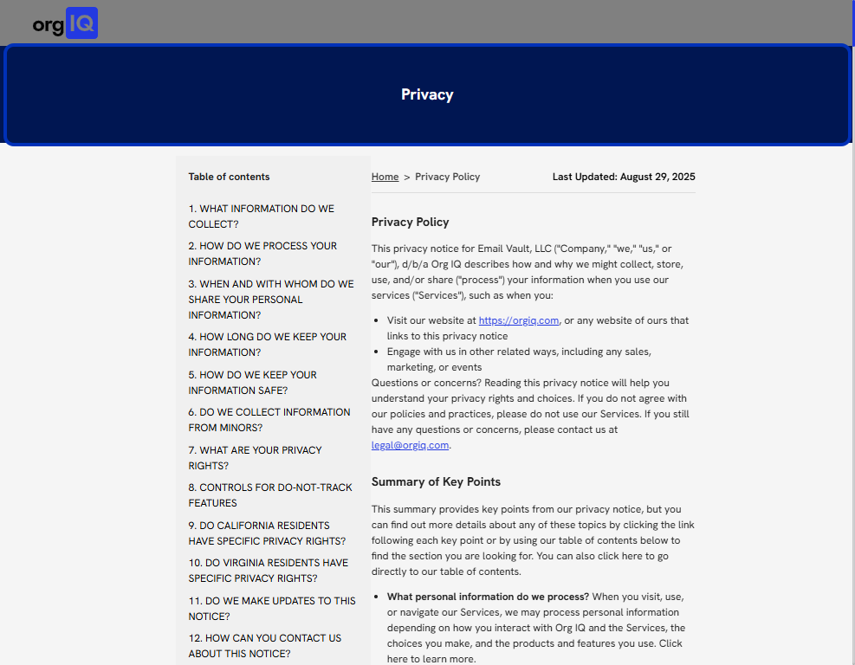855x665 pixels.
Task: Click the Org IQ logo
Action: [x=65, y=23]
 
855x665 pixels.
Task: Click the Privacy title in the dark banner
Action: [x=427, y=94]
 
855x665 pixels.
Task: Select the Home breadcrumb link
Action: [x=385, y=177]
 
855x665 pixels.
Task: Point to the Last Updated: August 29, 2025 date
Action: [x=624, y=177]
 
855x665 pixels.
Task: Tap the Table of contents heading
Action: [x=229, y=177]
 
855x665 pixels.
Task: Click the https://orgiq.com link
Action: [x=518, y=320]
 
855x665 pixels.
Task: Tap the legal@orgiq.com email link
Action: [x=410, y=445]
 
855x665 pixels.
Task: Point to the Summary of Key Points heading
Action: [x=436, y=481]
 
